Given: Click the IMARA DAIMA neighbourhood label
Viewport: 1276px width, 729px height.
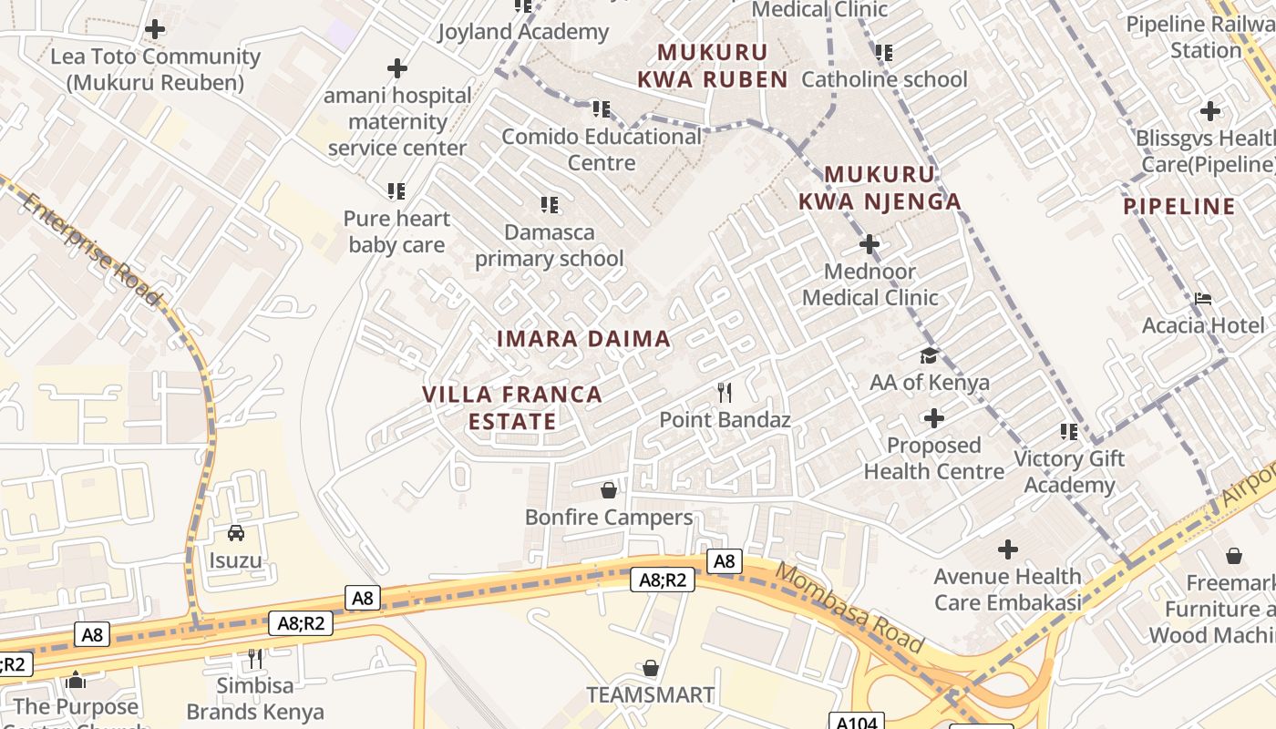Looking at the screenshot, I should point(583,339).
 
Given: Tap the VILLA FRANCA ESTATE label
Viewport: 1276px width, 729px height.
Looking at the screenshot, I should point(512,407).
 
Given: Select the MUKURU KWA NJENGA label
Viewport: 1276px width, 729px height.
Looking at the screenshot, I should point(880,188).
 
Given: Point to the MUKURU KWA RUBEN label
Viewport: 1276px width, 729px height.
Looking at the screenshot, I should point(713,66).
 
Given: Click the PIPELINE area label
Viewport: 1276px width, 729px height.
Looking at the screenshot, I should point(1179,207).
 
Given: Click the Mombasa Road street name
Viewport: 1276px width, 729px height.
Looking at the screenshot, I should point(849,608).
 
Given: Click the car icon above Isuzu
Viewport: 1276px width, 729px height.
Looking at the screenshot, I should point(236,533).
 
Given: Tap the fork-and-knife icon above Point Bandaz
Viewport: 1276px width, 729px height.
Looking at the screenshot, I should point(725,393).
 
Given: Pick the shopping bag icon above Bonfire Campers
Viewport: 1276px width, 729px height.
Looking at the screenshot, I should point(609,490).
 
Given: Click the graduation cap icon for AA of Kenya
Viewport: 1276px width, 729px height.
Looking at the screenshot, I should point(929,355).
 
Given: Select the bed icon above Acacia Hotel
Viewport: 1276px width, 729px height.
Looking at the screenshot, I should point(1203,299).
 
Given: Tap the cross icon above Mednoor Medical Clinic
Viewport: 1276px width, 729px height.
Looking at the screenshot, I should point(870,244).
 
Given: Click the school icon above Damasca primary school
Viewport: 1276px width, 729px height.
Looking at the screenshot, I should point(549,205).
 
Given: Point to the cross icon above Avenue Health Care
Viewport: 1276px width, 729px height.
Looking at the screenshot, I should point(1007,549).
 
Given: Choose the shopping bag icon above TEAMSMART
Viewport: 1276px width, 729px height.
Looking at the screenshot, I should point(651,668).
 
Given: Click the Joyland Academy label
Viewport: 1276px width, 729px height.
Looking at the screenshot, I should point(523,32).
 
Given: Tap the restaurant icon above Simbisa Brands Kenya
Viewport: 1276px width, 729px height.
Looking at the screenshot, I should point(255,658).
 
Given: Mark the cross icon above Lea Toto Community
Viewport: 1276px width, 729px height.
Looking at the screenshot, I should point(155,29).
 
